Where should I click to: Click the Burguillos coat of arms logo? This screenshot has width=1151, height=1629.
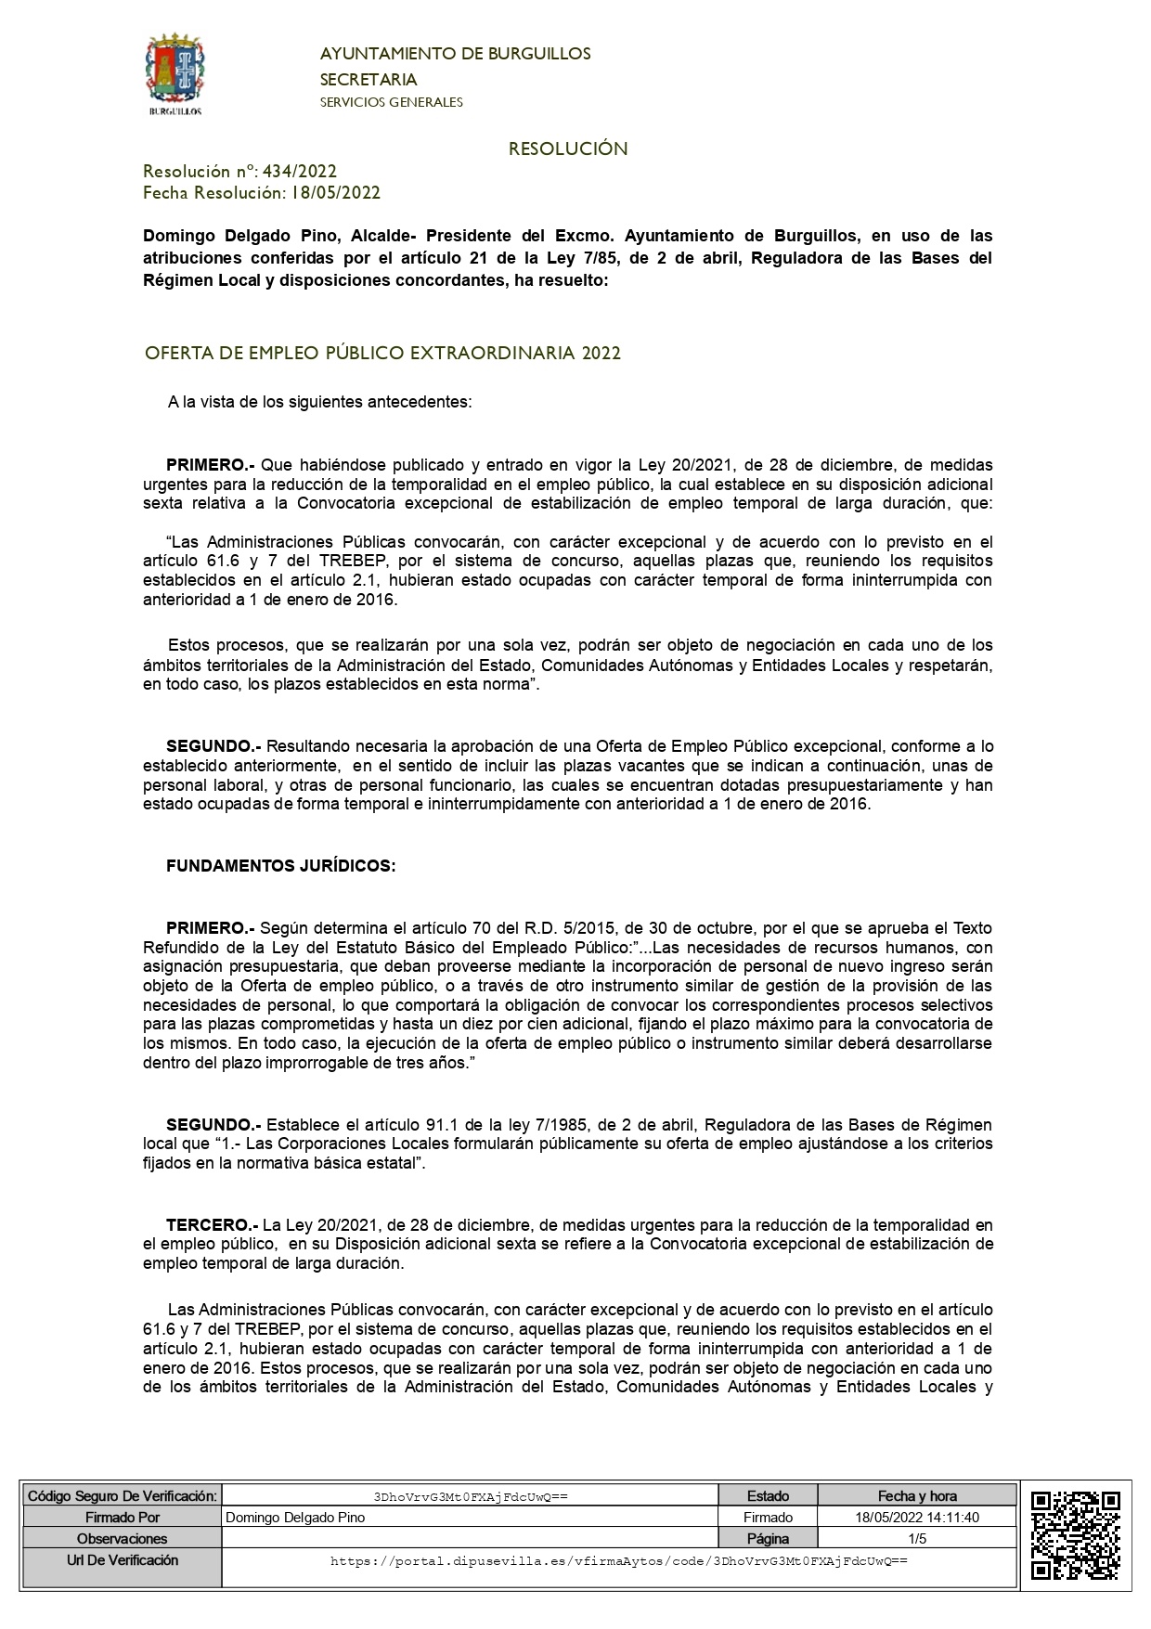(x=175, y=73)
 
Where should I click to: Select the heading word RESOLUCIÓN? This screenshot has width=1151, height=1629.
(x=568, y=149)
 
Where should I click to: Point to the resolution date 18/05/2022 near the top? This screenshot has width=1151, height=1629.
(x=336, y=193)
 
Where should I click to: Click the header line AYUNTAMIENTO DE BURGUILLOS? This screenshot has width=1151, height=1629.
(x=455, y=54)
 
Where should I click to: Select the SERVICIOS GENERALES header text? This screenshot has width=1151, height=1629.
(x=391, y=102)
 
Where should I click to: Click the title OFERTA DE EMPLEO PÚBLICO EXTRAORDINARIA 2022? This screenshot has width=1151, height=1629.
(x=382, y=354)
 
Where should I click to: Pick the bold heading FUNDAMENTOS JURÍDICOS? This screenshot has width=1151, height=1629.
(x=280, y=865)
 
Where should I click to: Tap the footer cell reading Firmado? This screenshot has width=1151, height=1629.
(x=768, y=1518)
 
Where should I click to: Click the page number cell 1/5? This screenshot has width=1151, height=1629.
(x=917, y=1539)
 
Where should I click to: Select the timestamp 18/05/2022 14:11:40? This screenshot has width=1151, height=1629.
(x=917, y=1518)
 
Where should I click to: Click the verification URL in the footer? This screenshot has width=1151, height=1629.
(x=618, y=1561)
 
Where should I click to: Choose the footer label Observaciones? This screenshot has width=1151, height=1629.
(x=122, y=1539)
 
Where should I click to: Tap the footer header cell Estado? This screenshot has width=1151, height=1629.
(x=768, y=1496)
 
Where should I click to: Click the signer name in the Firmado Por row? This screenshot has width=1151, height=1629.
(x=295, y=1518)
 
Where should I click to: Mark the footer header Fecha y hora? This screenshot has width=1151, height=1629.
(x=917, y=1496)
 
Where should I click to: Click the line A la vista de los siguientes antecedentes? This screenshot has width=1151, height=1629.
(x=320, y=403)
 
